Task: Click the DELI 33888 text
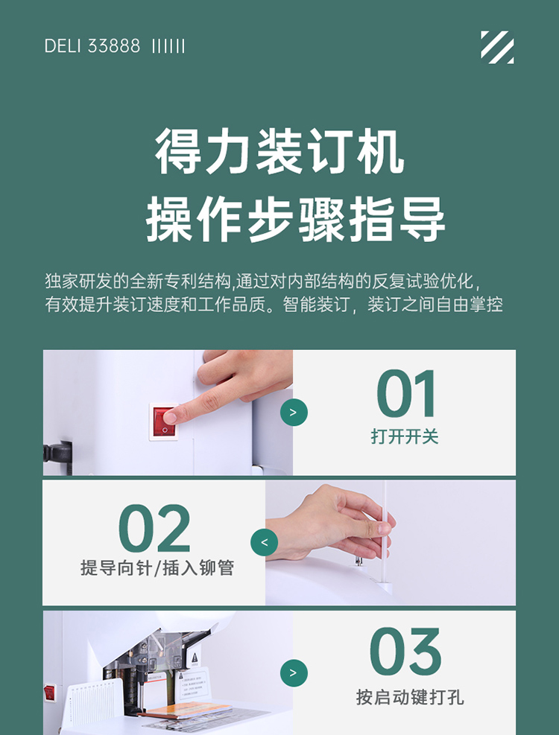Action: (92, 46)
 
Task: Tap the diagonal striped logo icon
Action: (497, 47)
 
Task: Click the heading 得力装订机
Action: (279, 151)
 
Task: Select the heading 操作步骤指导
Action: (295, 220)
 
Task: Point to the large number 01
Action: (406, 394)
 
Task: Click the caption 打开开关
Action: (405, 436)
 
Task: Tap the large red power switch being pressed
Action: (164, 422)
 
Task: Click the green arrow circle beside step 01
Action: (294, 413)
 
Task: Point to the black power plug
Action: (57, 456)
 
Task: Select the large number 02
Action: (154, 528)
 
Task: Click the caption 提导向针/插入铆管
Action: (157, 567)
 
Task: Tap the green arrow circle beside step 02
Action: (265, 542)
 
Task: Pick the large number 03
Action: (406, 652)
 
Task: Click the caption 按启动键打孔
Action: (410, 697)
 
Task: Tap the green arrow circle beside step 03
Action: (294, 673)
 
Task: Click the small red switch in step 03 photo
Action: (49, 693)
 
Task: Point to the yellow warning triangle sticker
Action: (195, 658)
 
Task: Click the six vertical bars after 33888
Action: (168, 46)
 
